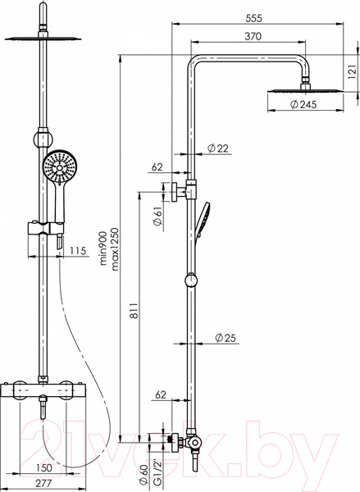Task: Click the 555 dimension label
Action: [253, 19]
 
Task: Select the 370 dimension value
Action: [253, 37]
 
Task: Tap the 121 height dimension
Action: [353, 72]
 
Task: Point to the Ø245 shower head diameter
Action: [303, 104]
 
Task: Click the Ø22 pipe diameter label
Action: [218, 148]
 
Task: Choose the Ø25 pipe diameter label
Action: [225, 338]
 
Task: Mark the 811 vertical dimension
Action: [134, 311]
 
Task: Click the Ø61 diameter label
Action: [157, 216]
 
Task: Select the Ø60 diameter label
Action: [144, 476]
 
